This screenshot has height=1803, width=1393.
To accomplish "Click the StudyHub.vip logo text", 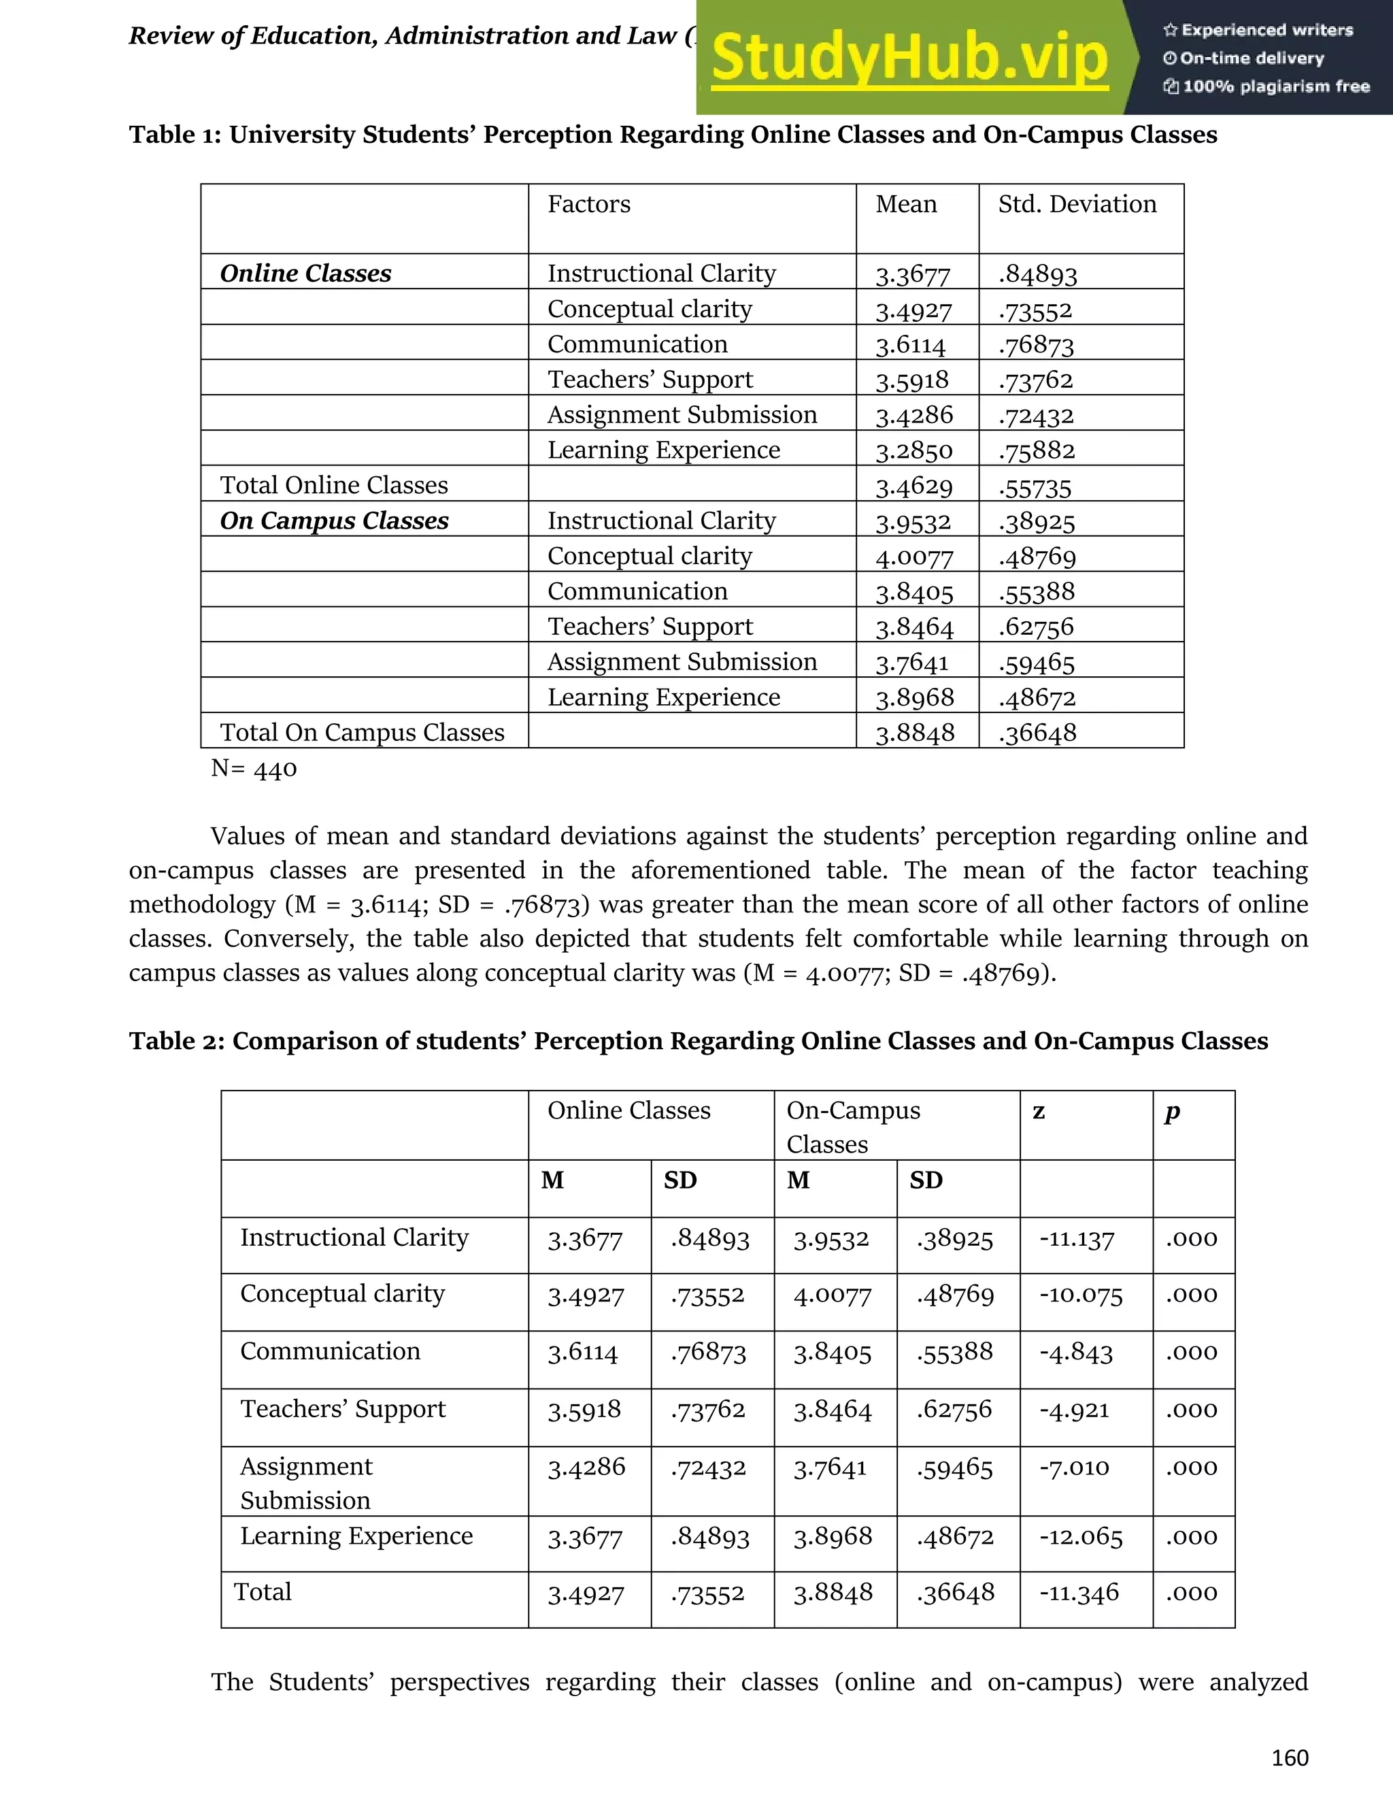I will coord(909,58).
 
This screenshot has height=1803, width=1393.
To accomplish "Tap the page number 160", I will coord(1289,1757).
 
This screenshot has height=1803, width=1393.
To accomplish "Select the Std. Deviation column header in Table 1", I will coord(1076,204).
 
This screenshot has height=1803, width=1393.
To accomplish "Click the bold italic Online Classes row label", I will coord(305,274).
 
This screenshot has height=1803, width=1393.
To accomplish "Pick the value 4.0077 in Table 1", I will coord(913,557).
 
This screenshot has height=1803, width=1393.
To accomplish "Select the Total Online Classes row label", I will coord(333,484).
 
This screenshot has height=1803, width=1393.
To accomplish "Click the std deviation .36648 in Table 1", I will coord(1037,732).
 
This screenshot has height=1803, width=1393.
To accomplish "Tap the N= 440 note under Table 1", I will coord(253,769).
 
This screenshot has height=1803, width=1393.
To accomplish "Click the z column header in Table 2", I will coord(1039,1111).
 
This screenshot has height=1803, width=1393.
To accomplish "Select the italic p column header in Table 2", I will coord(1172,1112).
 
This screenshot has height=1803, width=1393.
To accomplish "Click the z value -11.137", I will coord(1076,1238).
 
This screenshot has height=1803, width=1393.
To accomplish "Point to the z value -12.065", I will coord(1080,1536).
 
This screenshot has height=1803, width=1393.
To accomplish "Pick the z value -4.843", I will coord(1075,1353).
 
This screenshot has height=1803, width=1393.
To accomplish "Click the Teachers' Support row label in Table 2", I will coord(343,1408).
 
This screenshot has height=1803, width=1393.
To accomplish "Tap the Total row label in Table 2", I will coord(263,1591).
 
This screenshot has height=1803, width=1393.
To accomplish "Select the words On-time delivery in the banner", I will coord(1250,58).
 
